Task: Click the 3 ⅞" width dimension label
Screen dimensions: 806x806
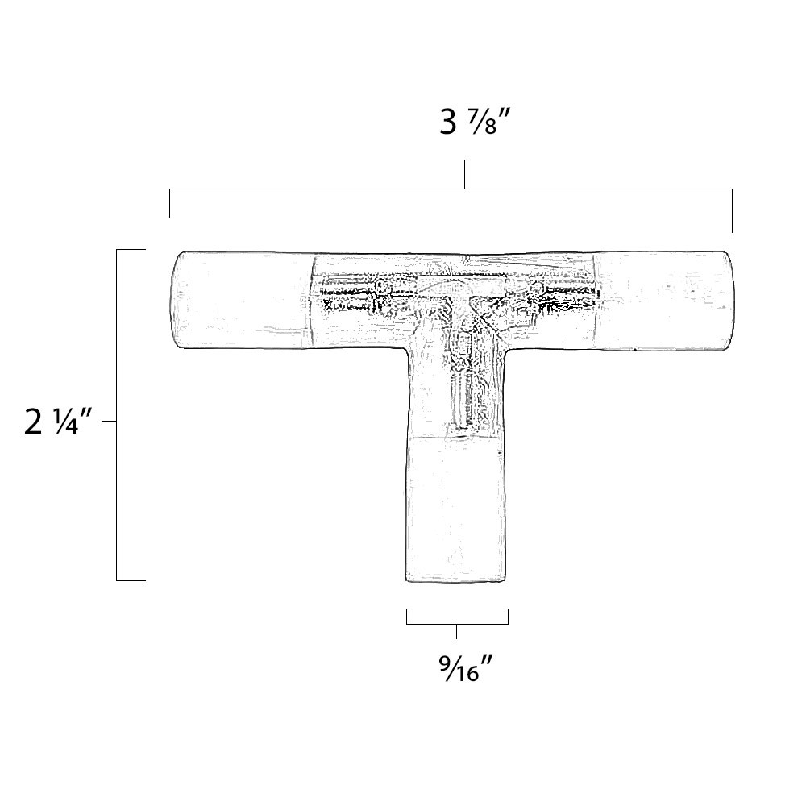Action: [476, 123]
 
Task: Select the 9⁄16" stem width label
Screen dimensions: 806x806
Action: [466, 667]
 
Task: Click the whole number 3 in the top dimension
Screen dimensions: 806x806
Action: [448, 123]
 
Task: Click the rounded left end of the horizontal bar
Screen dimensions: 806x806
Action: [176, 301]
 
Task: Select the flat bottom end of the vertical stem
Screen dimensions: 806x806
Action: [456, 579]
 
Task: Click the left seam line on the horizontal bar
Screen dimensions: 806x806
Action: [311, 301]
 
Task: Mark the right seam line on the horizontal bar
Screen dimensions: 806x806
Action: [597, 301]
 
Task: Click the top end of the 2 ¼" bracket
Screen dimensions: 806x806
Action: [131, 251]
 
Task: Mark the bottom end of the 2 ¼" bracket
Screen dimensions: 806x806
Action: [131, 580]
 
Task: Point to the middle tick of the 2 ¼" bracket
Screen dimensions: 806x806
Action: [110, 421]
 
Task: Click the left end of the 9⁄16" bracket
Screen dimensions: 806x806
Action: [407, 617]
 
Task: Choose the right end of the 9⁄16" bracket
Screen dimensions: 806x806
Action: [508, 617]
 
